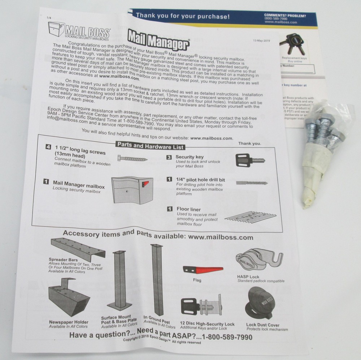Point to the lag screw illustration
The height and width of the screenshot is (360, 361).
coord(132,158)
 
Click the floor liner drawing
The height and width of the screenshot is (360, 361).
coord(249,217)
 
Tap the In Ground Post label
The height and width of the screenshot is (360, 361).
coord(156,321)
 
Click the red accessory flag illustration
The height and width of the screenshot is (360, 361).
coord(203,270)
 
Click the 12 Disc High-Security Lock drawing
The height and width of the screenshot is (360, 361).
coord(203,306)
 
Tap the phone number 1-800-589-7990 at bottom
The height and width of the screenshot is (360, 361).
coord(227,337)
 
